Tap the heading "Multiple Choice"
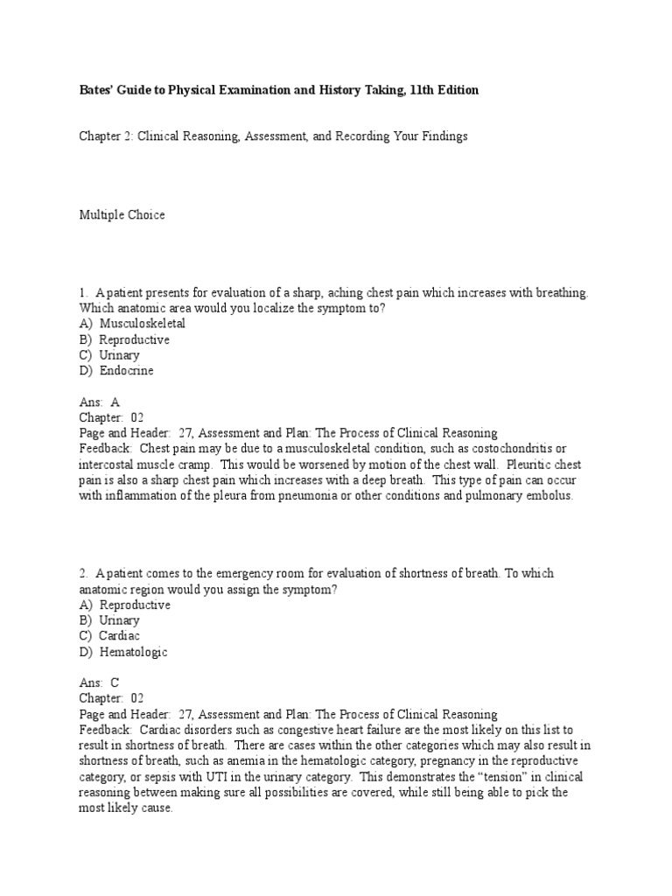[122, 214]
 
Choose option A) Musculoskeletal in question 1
[132, 324]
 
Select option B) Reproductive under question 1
[124, 339]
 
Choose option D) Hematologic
[123, 652]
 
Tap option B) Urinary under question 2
[109, 620]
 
